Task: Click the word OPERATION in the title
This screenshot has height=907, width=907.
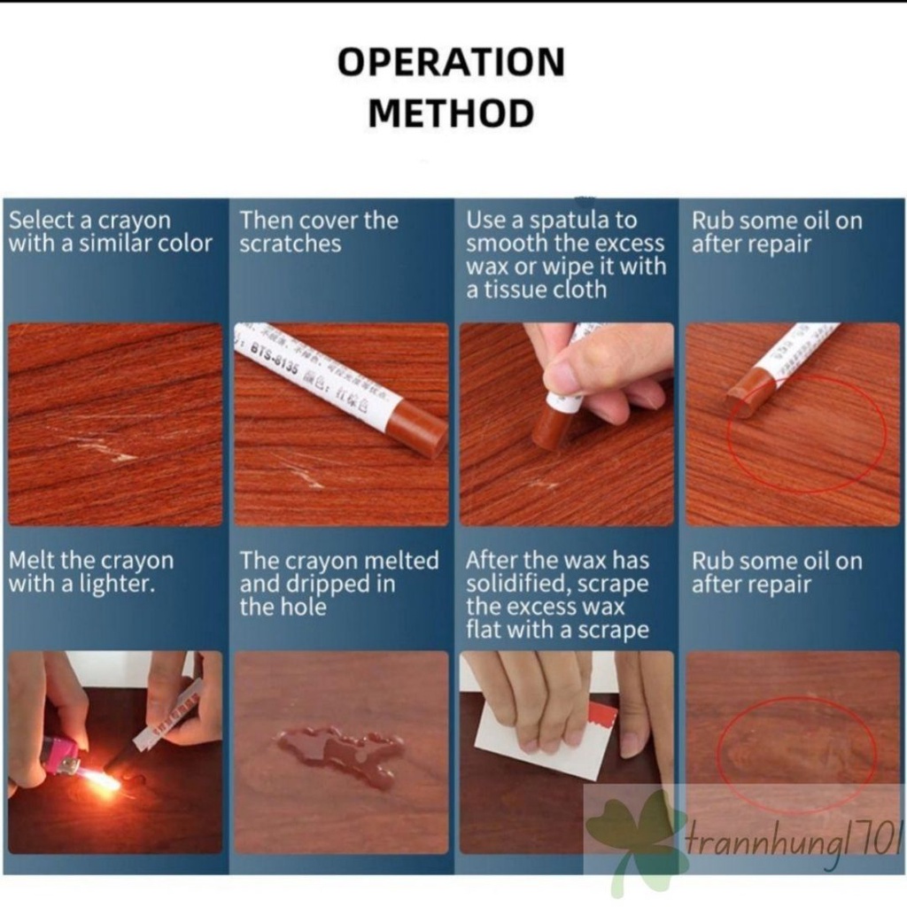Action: tap(451, 63)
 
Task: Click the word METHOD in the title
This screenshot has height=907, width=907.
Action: tap(451, 113)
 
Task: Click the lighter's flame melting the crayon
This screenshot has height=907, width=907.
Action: tap(101, 779)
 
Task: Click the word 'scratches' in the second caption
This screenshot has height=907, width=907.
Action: tap(290, 244)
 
